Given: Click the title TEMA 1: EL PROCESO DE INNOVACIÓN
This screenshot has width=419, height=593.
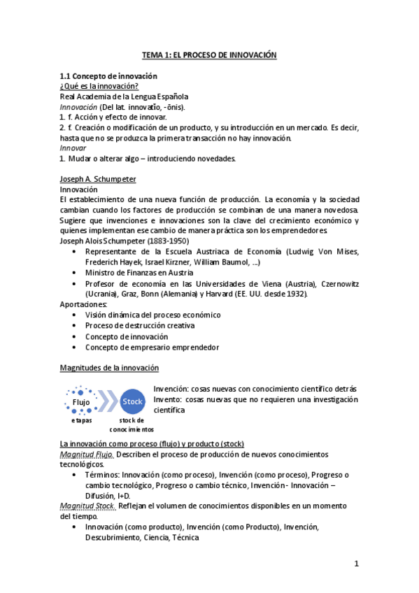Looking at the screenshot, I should [x=210, y=55].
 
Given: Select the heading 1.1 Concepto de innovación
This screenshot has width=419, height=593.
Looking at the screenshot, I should [x=108, y=76].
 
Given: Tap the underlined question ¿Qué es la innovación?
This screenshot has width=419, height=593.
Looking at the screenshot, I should [x=99, y=86].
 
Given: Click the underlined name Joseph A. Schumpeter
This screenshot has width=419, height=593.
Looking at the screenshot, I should [x=98, y=179].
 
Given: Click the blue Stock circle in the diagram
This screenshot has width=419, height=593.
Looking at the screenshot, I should [x=132, y=402].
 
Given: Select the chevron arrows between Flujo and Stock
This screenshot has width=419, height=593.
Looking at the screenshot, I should [x=106, y=402].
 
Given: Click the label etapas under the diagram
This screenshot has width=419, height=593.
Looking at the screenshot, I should [x=81, y=420].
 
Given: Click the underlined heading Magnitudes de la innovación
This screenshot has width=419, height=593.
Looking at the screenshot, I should [x=109, y=367].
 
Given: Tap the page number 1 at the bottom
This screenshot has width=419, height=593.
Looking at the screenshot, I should [x=356, y=564].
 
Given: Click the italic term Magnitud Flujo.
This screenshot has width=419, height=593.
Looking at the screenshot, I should [x=87, y=455].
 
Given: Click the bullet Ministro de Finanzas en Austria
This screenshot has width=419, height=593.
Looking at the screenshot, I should [x=139, y=273].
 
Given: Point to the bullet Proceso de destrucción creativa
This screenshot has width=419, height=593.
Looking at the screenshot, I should [x=140, y=325].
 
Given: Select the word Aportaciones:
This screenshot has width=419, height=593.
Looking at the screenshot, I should [x=84, y=304].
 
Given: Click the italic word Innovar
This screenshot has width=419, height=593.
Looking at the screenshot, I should [x=73, y=148].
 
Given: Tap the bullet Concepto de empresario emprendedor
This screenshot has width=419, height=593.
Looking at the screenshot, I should [x=152, y=347].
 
